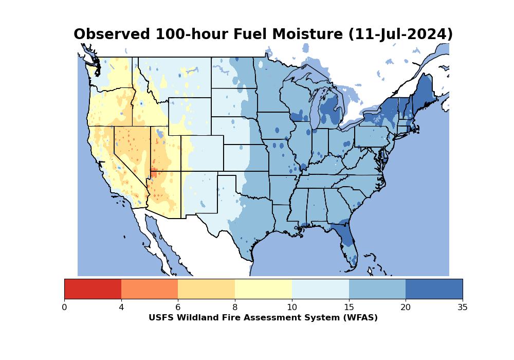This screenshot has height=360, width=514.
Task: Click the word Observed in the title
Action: pos(112,34)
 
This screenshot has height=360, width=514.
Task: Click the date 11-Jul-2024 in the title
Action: pos(400,34)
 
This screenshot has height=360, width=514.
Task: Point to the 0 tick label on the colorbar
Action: pos(64,307)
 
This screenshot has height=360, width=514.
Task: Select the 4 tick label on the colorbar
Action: pos(121,307)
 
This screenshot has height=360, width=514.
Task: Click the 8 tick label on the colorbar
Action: pos(235,307)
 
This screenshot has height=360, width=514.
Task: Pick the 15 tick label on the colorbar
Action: pos(349,307)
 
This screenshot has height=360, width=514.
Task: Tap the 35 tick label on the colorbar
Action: pos(463,307)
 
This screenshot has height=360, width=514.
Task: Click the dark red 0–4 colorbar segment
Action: pos(93,289)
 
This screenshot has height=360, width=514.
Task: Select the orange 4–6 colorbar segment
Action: pos(150,289)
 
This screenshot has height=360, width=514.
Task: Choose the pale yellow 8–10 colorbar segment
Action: pos(264,289)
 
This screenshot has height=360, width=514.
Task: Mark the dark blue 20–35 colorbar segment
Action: pos(434,289)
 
